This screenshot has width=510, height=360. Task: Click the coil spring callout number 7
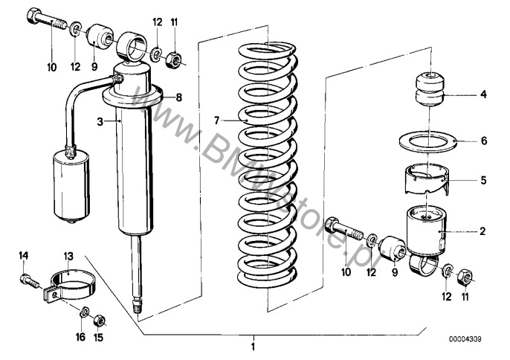[x=217, y=121]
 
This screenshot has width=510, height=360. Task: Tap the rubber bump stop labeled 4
[x=430, y=90]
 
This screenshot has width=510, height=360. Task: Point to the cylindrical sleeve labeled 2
[x=427, y=231]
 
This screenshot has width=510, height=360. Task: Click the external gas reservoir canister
[x=71, y=185]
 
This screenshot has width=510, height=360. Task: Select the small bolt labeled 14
[x=28, y=281]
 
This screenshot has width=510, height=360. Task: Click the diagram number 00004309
[x=465, y=339]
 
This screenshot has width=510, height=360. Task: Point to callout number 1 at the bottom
[x=253, y=347]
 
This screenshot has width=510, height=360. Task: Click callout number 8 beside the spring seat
[x=179, y=97]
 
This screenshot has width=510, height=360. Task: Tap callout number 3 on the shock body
[x=100, y=122]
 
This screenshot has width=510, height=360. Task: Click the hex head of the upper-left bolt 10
[x=32, y=16]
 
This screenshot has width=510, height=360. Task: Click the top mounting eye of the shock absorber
[x=132, y=47]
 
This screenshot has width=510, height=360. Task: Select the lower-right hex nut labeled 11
[x=465, y=278]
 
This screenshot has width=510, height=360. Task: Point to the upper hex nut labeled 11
[x=173, y=60]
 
